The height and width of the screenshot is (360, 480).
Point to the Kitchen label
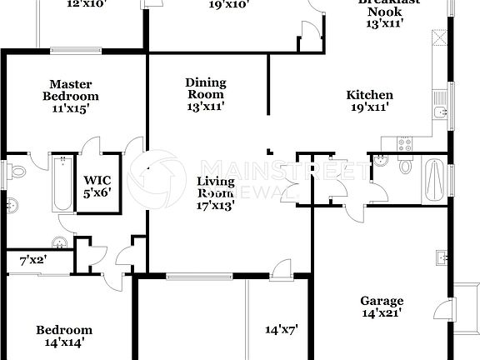coord(369,101)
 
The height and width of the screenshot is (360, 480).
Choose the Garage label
coord(382,307)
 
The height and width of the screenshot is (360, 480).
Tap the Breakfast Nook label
coord(385,12)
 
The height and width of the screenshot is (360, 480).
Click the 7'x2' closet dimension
coord(34,261)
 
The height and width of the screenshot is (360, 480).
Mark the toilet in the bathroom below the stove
coord(406,166)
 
